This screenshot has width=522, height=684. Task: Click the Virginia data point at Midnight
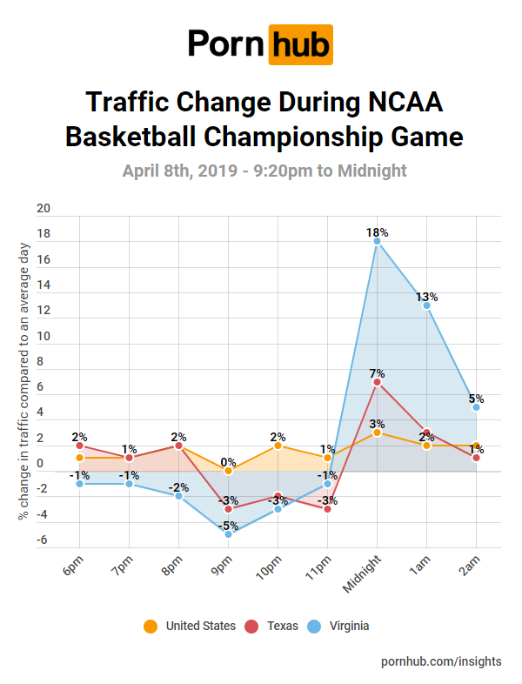click(x=377, y=242)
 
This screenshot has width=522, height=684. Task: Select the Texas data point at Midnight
click(x=377, y=382)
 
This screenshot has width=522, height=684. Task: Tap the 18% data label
click(x=377, y=232)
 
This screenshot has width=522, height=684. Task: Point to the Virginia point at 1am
click(x=426, y=305)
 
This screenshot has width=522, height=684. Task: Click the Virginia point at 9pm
click(x=228, y=534)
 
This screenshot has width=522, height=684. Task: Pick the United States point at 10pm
click(x=278, y=446)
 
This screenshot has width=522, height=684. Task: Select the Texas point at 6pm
click(x=79, y=446)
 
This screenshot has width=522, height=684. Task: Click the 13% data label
click(x=426, y=296)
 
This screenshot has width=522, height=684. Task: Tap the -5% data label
click(x=228, y=525)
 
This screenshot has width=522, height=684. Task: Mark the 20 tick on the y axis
click(x=43, y=209)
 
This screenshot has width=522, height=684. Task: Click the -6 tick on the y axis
click(x=43, y=540)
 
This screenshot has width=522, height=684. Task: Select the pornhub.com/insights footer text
click(x=441, y=661)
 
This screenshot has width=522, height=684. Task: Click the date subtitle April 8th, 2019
click(x=264, y=171)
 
